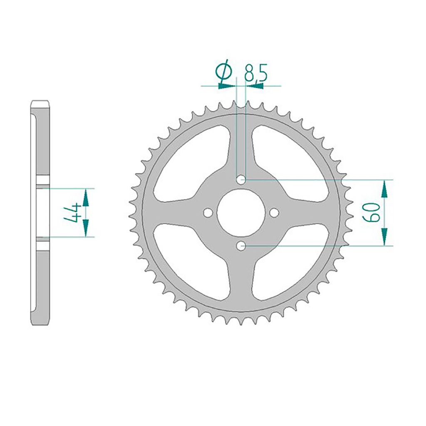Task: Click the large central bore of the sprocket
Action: [x=241, y=213]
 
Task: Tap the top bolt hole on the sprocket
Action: [x=241, y=179]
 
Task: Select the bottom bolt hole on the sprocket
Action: [x=241, y=246]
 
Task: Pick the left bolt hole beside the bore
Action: [x=208, y=213]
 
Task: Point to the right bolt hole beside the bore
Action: [x=275, y=213]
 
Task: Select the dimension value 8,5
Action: [x=256, y=73]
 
